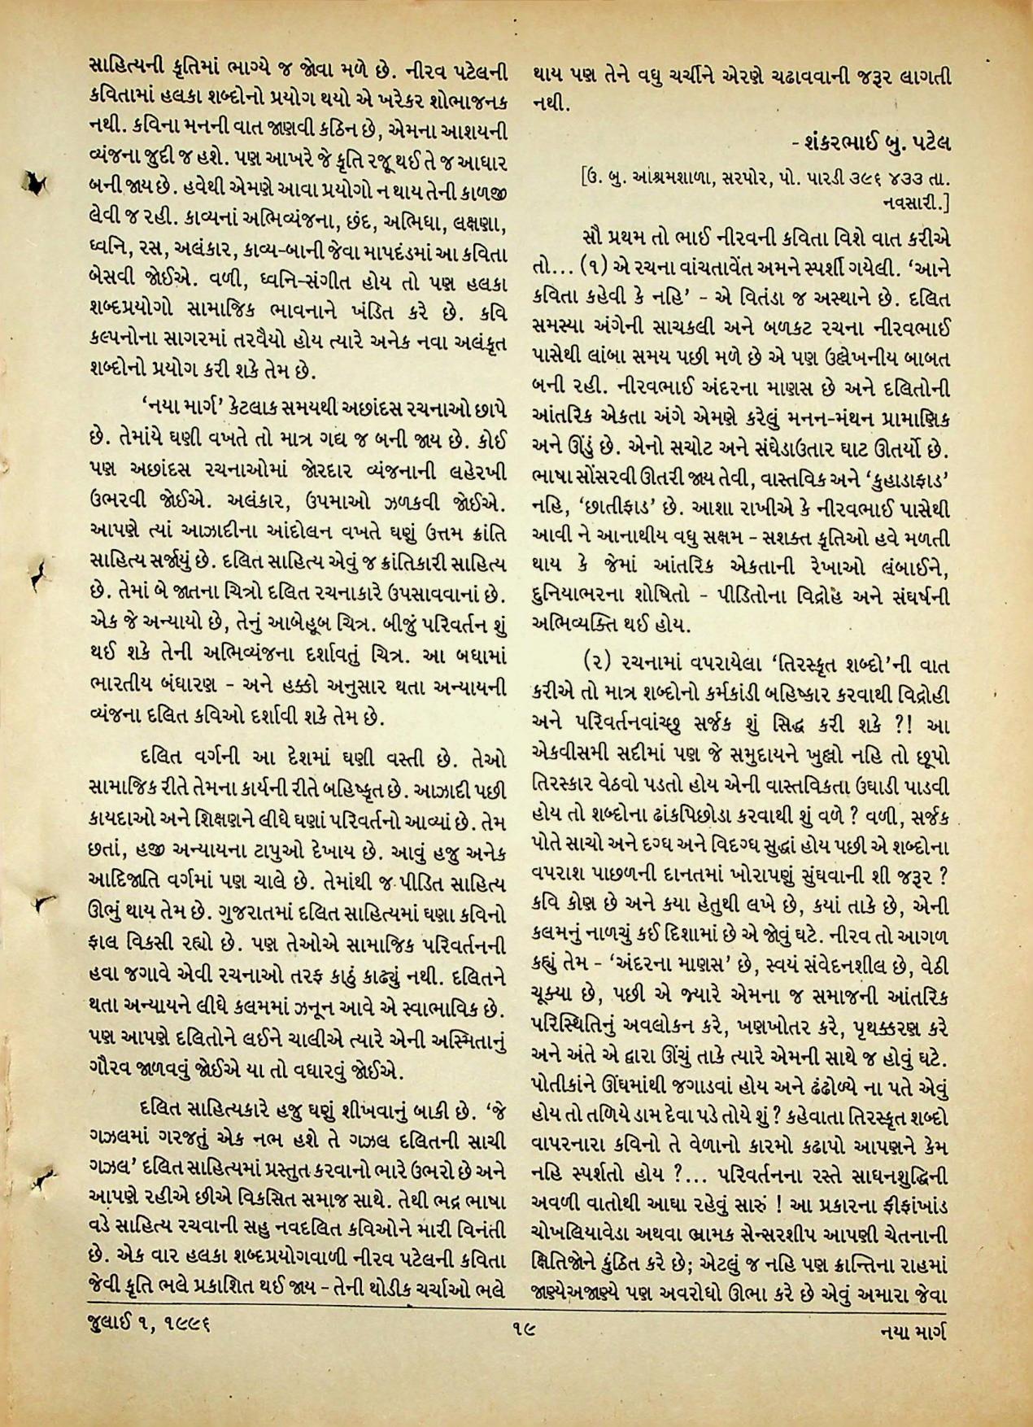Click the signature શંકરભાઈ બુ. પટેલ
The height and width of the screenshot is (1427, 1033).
tap(863, 144)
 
